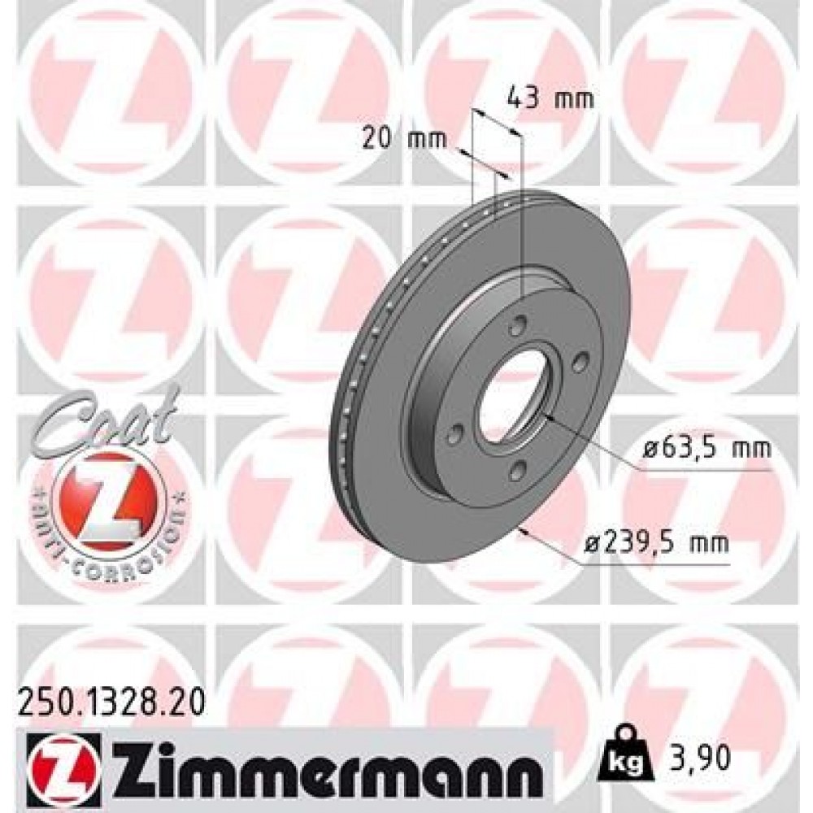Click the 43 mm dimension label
pyautogui.click(x=550, y=100)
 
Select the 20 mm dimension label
pyautogui.click(x=404, y=139)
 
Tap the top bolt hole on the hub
pyautogui.click(x=514, y=327)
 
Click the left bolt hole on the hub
pyautogui.click(x=457, y=431)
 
